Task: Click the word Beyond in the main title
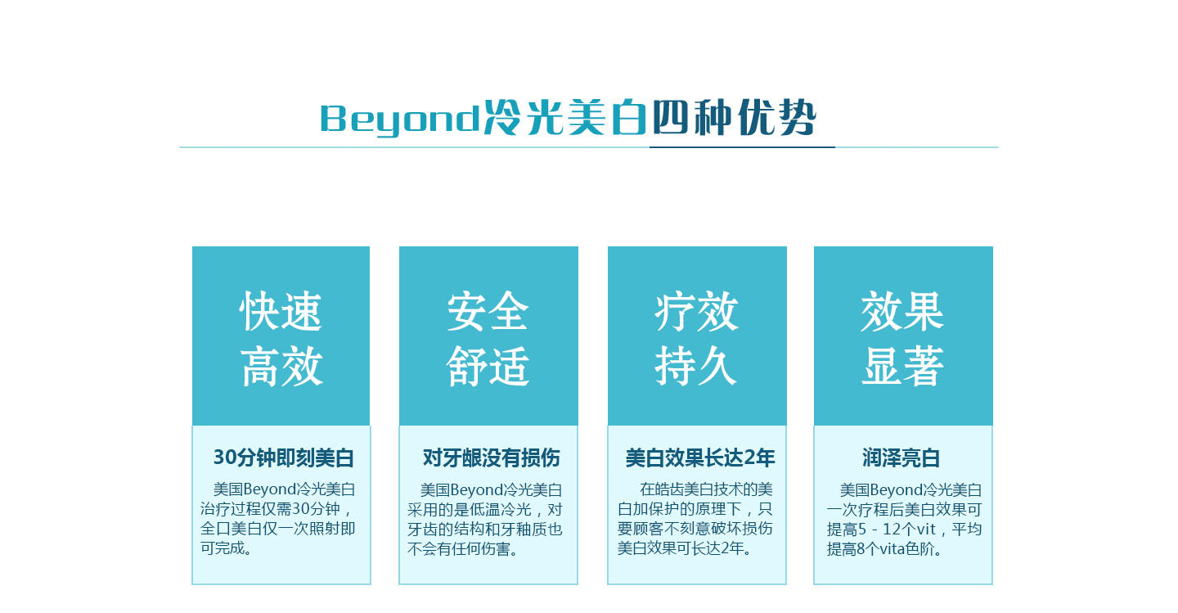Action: (x=400, y=119)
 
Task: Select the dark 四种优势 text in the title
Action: (x=734, y=117)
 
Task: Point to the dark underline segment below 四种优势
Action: (x=742, y=147)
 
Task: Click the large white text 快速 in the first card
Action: (x=281, y=312)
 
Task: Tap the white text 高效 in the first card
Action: (x=282, y=366)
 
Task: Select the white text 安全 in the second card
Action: (x=488, y=312)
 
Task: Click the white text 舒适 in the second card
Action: (x=488, y=366)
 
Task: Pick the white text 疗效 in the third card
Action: (x=696, y=312)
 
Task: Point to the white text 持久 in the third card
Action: (x=696, y=366)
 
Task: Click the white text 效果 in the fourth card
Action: (x=902, y=312)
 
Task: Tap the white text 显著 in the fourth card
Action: (x=902, y=366)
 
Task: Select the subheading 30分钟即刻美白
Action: (x=283, y=457)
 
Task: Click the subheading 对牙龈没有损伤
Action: (x=491, y=457)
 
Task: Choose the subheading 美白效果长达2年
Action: (x=700, y=457)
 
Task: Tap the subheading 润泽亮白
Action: (x=901, y=457)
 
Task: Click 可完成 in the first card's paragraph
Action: (x=226, y=548)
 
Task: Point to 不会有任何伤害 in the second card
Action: (x=463, y=549)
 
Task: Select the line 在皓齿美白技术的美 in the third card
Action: (x=706, y=489)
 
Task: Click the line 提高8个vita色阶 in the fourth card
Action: (x=884, y=549)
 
